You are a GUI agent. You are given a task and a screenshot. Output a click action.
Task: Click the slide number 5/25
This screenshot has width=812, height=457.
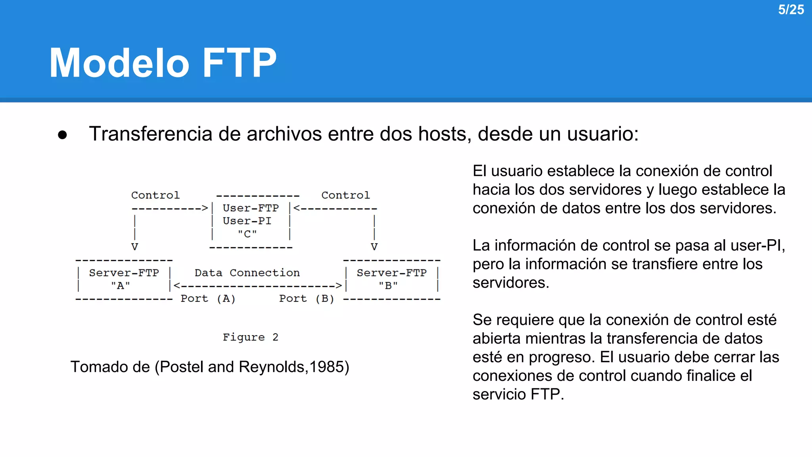coord(791,10)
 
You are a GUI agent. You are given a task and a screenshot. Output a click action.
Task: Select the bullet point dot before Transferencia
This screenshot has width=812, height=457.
coord(62,135)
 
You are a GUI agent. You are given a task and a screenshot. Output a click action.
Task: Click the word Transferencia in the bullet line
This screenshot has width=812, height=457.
coord(151,134)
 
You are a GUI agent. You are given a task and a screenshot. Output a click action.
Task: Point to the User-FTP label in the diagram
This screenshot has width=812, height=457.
coord(251,208)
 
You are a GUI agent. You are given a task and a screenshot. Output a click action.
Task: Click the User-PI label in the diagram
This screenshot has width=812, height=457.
coord(247,221)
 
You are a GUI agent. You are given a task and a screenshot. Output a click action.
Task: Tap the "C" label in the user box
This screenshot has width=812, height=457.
coord(247,234)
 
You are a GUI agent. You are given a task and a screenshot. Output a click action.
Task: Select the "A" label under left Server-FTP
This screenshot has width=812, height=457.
coord(121,286)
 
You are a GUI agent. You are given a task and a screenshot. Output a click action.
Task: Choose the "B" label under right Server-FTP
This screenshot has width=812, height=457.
coord(388,286)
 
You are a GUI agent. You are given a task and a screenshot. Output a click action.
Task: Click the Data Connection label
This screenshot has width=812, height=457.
coord(247,273)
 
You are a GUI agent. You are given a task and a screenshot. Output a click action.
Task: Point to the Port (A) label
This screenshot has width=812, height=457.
coord(208,299)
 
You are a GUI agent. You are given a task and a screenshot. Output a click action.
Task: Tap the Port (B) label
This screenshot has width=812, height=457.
coord(306,299)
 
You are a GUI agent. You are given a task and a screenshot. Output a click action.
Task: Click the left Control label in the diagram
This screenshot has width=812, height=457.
coord(155,195)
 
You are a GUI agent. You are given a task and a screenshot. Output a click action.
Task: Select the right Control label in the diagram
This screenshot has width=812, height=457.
coord(345,195)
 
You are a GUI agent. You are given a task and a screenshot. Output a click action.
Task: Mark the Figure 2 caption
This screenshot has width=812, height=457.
coord(251,337)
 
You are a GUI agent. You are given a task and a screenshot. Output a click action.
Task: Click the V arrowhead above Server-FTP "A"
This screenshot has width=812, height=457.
coord(135,247)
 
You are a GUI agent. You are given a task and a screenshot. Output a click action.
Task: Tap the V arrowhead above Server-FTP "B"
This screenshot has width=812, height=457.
coord(374,247)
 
